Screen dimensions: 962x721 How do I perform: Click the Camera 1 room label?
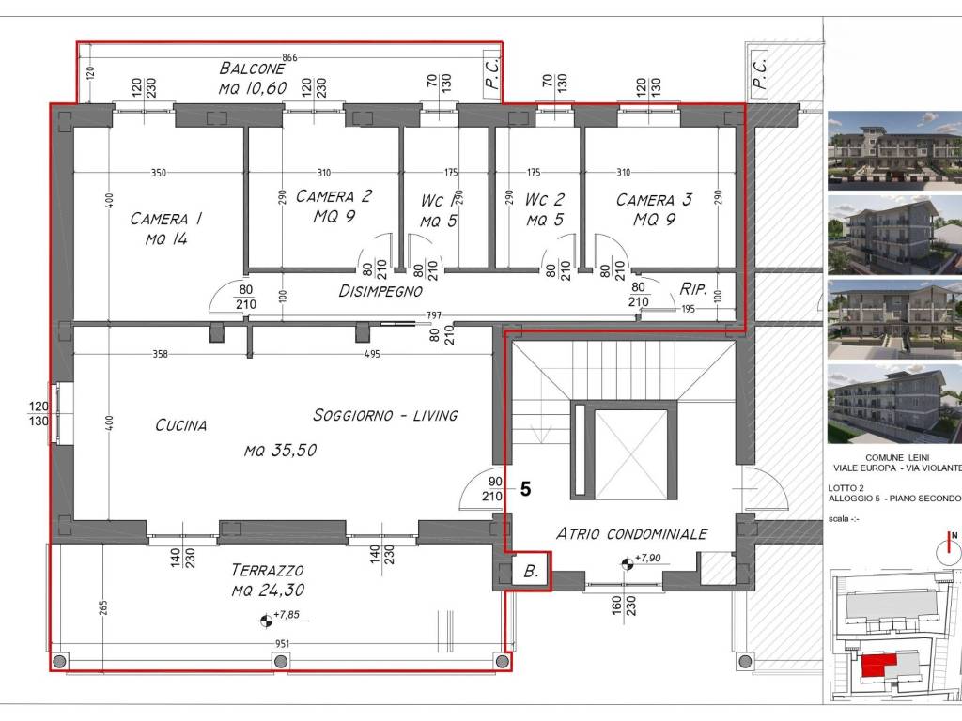coord(166,229)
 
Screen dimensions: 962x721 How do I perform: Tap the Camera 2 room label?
coord(334,206)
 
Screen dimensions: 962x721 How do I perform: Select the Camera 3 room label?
coord(654,209)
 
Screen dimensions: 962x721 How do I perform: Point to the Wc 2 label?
coord(545,209)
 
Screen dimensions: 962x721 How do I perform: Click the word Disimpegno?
coord(380,291)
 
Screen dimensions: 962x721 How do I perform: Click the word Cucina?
coord(181,425)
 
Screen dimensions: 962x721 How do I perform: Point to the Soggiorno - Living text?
coord(385,415)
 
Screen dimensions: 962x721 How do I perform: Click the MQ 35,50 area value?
coord(280,451)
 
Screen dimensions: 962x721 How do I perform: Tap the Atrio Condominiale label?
coord(632,534)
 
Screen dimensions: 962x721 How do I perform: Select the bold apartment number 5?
coord(525,489)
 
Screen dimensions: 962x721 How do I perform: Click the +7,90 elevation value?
coord(647,558)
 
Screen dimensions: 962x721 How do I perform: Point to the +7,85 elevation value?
coord(287,614)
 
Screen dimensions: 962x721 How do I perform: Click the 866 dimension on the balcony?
coord(289,58)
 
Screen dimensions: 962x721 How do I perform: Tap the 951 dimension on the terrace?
coord(282,644)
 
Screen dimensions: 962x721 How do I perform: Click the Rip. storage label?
coord(693,289)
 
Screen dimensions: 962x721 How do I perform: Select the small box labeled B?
coord(531,572)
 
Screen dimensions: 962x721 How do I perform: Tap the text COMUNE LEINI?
coord(897,457)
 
